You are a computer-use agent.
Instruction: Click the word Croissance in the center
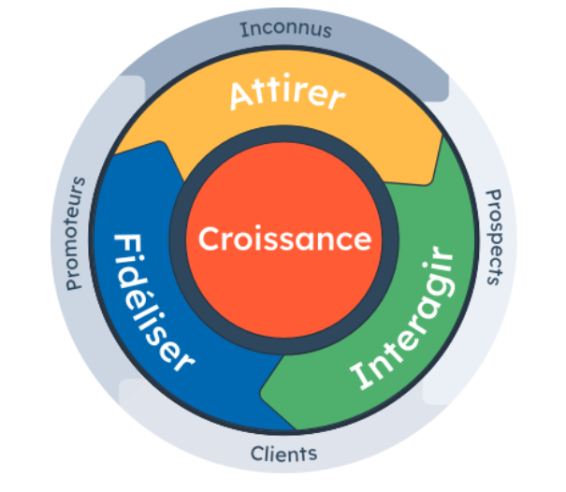click(x=284, y=239)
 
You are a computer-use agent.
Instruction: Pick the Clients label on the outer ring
click(x=284, y=455)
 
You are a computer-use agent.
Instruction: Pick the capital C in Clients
click(x=258, y=456)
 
